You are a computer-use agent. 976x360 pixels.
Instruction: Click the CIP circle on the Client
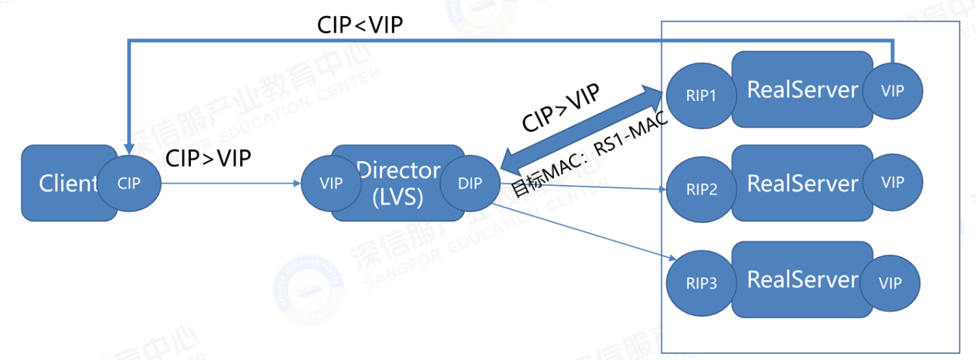pyautogui.click(x=130, y=183)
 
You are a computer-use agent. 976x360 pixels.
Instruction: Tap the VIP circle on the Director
pyautogui.click(x=331, y=183)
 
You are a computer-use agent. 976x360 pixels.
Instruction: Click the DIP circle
pyautogui.click(x=469, y=183)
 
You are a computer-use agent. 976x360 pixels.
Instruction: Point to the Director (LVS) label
pyautogui.click(x=398, y=182)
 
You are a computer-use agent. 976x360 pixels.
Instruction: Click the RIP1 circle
pyautogui.click(x=702, y=95)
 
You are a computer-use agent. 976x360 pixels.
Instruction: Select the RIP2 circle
pyautogui.click(x=702, y=190)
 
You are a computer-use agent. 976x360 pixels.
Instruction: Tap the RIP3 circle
pyautogui.click(x=702, y=283)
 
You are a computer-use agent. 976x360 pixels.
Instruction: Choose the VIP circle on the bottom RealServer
pyautogui.click(x=892, y=283)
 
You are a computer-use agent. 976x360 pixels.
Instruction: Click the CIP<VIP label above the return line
pyautogui.click(x=360, y=25)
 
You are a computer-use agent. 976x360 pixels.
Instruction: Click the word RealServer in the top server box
pyautogui.click(x=802, y=90)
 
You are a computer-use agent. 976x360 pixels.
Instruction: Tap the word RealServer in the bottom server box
pyautogui.click(x=802, y=279)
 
